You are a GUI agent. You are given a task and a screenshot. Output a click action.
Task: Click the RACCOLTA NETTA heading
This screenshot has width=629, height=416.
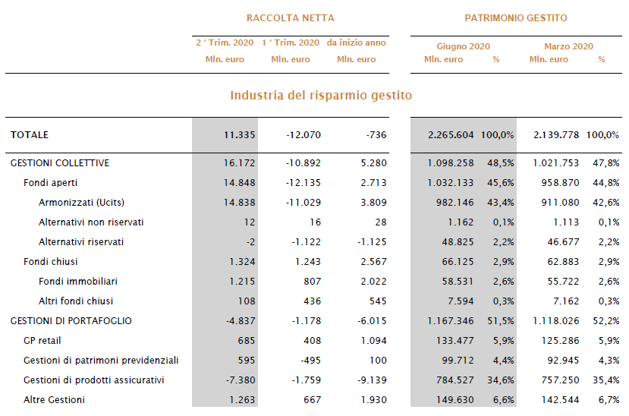pos(290,18)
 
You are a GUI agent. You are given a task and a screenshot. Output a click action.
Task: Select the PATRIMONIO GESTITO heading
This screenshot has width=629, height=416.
pos(516,18)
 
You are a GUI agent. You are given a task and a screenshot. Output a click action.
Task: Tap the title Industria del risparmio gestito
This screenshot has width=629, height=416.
pos(321,96)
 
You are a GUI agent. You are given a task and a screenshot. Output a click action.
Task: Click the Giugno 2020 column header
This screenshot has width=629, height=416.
pos(464,46)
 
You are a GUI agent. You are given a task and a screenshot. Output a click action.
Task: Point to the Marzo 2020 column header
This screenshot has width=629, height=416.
pos(568,46)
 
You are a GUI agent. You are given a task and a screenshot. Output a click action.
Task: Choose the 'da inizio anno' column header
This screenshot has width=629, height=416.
pos(356,43)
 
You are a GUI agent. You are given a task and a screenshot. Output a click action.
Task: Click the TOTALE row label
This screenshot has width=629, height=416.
pos(30,135)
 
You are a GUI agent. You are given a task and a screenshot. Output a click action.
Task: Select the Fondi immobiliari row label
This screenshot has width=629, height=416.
pos(78,281)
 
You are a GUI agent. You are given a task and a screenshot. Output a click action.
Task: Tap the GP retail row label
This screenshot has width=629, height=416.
pos(42,341)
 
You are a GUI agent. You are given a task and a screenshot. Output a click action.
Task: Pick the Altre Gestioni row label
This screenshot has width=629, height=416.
pos(54,399)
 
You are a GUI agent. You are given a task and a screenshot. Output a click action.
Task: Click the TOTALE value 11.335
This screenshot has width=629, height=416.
pos(240,135)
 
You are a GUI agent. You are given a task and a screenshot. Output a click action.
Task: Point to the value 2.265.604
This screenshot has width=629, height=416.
pos(451,135)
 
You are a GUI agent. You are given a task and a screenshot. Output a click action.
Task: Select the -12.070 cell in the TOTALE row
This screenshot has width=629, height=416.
pos(303,135)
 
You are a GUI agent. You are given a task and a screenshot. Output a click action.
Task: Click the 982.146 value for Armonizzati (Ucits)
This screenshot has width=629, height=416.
pos(455,202)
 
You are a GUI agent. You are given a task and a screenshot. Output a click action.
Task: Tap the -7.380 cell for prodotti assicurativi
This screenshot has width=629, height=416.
pos(241,380)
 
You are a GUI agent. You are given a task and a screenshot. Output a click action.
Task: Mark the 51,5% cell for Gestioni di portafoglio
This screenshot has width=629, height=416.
pos(501,321)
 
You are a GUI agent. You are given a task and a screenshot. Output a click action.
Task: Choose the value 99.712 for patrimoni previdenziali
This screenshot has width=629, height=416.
pos(458,361)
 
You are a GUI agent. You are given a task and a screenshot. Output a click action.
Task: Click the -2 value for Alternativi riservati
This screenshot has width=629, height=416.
pos(250,242)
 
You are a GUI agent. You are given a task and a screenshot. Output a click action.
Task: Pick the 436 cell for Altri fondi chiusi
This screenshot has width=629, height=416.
pos(313,301)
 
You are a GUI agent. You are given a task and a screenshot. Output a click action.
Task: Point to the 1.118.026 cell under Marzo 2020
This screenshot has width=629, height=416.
pos(556,321)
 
